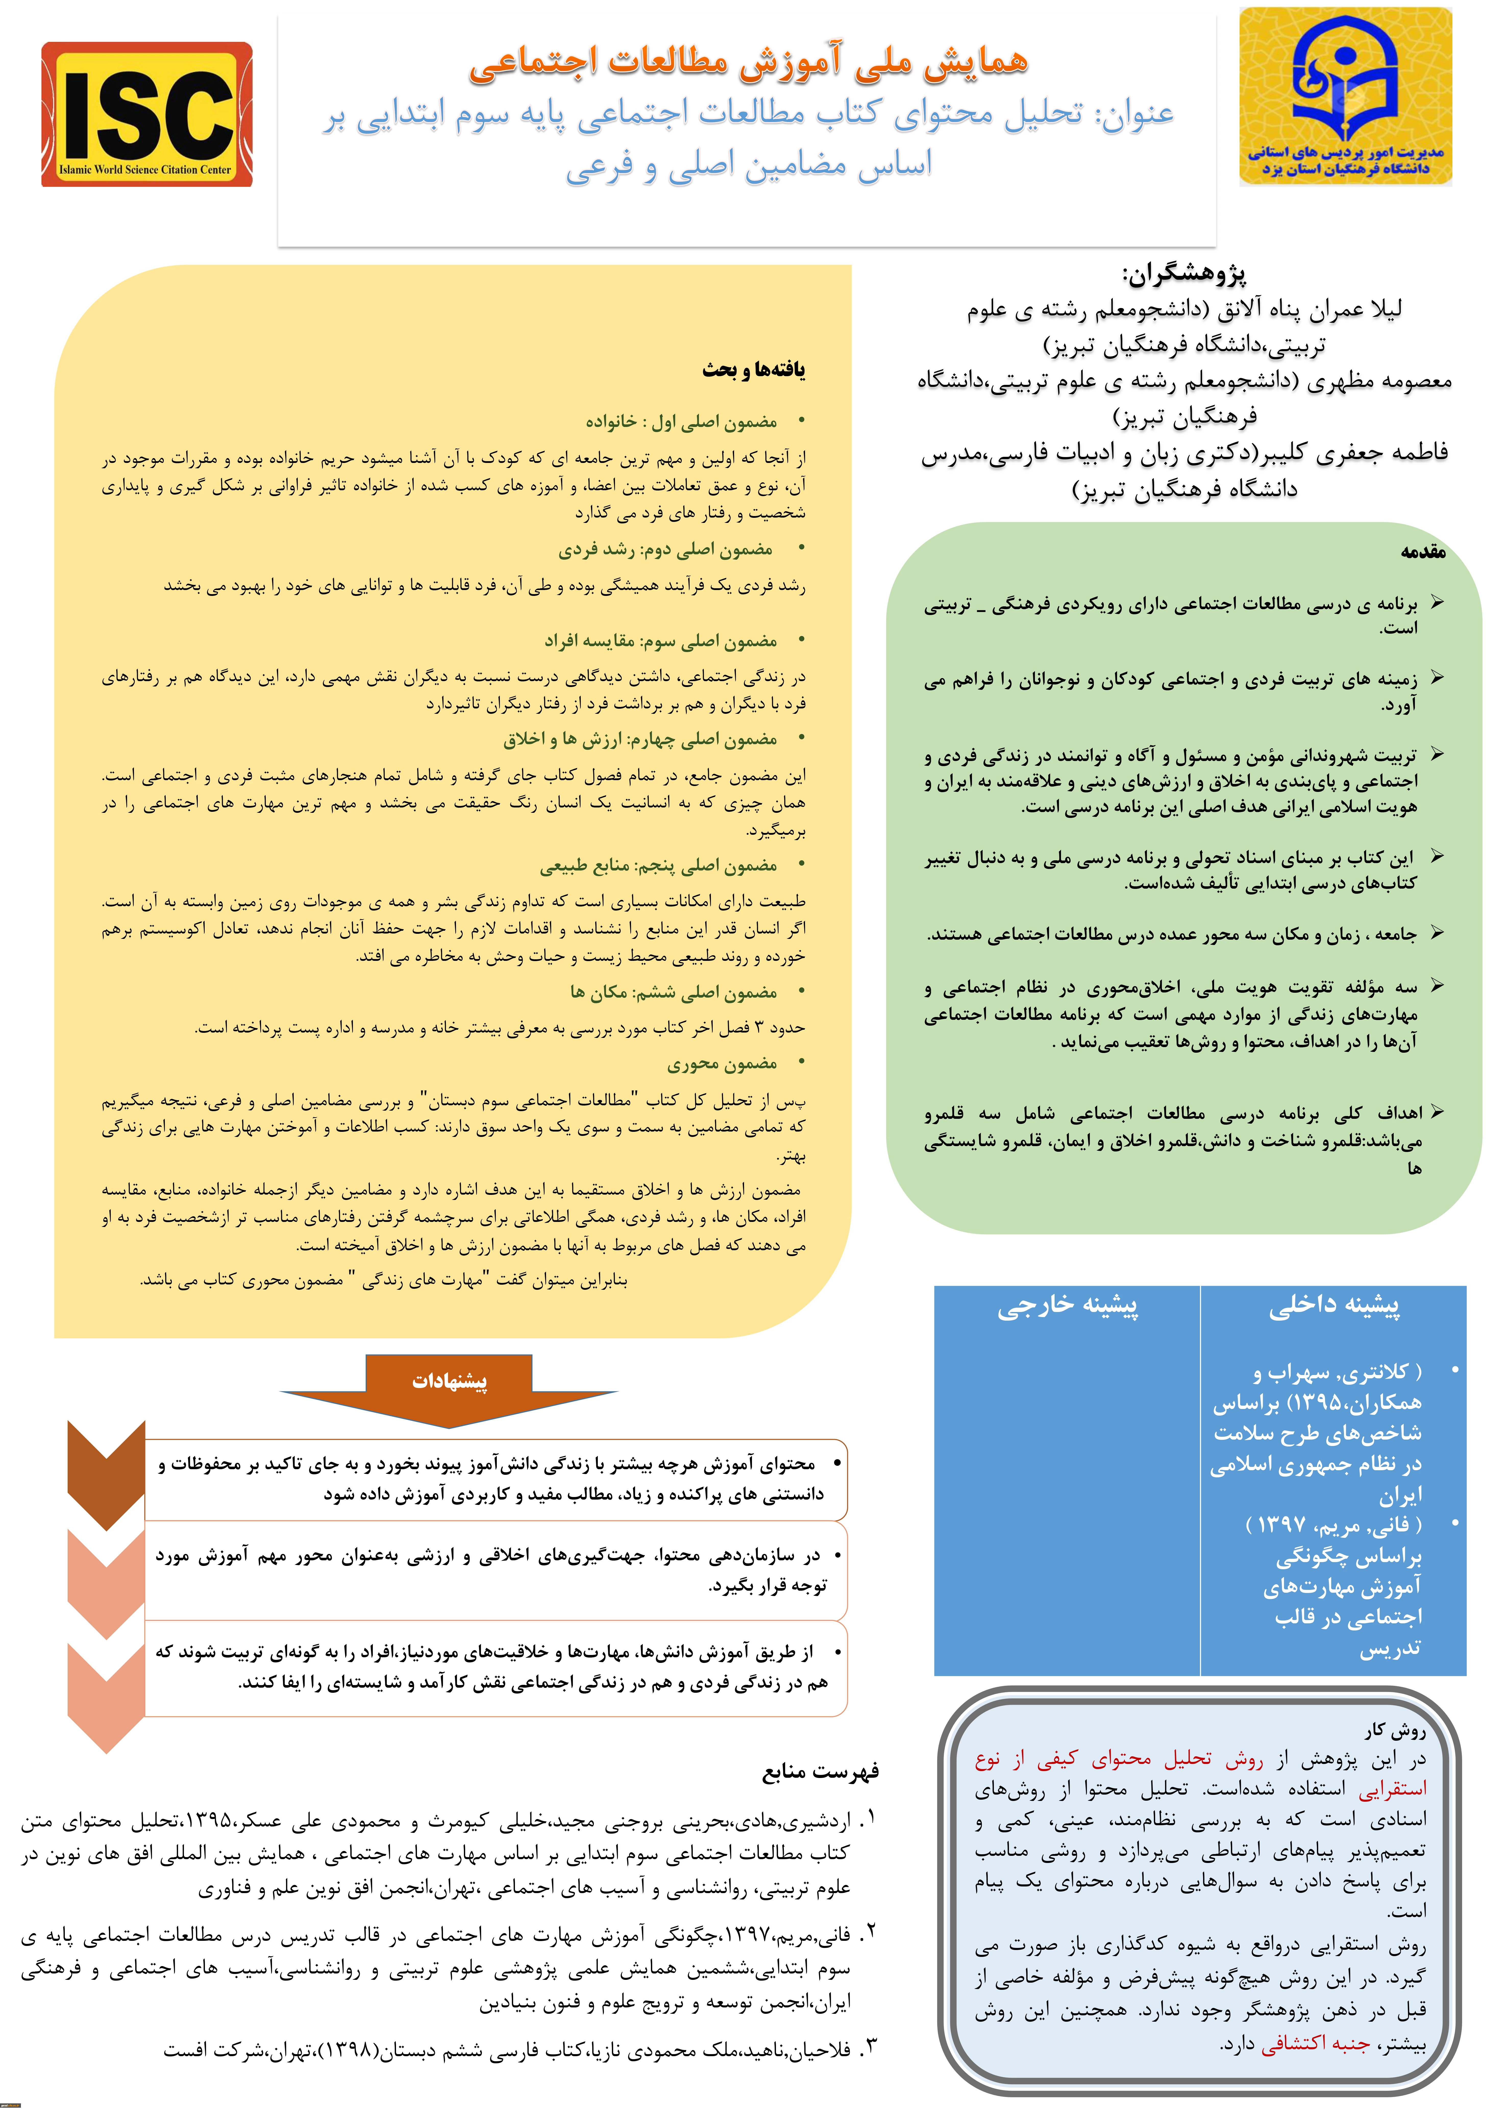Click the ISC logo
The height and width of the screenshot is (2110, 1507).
(147, 114)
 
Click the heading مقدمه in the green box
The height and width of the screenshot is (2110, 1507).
(1423, 551)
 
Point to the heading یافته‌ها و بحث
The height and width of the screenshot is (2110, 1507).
(753, 369)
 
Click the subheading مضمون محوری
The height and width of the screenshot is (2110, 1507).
(722, 1063)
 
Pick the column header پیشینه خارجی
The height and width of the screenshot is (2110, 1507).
(1067, 1306)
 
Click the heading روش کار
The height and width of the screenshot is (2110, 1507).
(1395, 1731)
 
